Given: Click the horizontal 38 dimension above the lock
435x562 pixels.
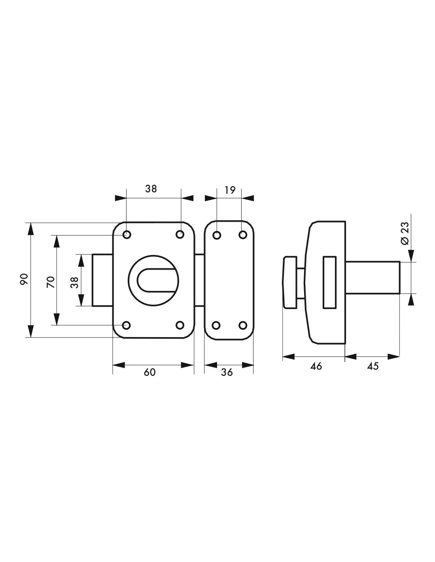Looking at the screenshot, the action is pyautogui.click(x=151, y=189).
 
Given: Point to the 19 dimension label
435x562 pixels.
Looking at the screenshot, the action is pyautogui.click(x=229, y=190).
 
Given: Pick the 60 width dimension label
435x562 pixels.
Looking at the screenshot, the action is pyautogui.click(x=149, y=372).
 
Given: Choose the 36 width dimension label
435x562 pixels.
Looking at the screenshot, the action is pyautogui.click(x=227, y=372).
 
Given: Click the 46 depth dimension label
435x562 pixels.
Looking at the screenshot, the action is pyautogui.click(x=316, y=366).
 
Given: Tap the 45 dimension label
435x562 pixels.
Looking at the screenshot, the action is pyautogui.click(x=373, y=366).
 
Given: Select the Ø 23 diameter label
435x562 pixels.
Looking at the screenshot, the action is pyautogui.click(x=405, y=233).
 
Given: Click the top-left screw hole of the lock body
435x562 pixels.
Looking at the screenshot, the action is pyautogui.click(x=127, y=235).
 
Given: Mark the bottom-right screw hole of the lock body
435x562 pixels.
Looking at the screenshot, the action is pyautogui.click(x=180, y=325).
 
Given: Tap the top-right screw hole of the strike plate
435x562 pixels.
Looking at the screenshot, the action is pyautogui.click(x=243, y=235).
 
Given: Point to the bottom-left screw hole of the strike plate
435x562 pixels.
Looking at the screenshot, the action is pyautogui.click(x=216, y=325).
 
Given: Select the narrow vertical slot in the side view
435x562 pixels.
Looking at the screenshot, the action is pyautogui.click(x=330, y=283).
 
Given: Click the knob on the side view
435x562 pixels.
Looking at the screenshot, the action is pyautogui.click(x=289, y=282).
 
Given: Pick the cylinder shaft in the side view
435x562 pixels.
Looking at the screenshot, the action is pyautogui.click(x=373, y=277).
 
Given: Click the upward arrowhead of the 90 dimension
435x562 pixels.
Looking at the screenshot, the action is pyautogui.click(x=30, y=229).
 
